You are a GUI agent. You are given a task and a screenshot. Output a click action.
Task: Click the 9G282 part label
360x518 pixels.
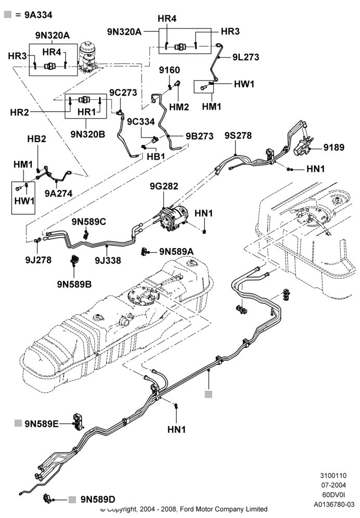[x=164, y=186]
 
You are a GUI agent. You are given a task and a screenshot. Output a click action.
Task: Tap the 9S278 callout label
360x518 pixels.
[x=238, y=136]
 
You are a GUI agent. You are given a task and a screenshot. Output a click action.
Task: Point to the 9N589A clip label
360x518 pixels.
[x=176, y=252]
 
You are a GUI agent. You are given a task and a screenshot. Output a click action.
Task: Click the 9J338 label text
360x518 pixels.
[x=108, y=261]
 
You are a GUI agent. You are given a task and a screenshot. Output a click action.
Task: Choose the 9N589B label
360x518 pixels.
[x=74, y=284]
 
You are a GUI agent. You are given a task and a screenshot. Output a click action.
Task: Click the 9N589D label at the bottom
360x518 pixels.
[x=98, y=499]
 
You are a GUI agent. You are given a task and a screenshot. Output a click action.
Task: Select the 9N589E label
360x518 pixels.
[x=42, y=423]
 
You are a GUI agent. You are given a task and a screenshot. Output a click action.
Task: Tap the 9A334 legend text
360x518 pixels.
[x=38, y=15]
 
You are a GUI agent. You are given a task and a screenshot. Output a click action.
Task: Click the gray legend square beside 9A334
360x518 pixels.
[x=8, y=15]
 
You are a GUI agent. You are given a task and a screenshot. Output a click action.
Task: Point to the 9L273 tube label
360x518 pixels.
[x=246, y=57]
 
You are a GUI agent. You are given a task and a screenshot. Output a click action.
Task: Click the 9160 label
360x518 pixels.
[x=169, y=70]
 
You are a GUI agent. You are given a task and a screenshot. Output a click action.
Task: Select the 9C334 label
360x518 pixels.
[x=141, y=122]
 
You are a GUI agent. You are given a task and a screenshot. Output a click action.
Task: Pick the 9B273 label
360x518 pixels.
[x=200, y=136]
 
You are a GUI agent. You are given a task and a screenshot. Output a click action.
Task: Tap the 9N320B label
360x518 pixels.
[x=87, y=134]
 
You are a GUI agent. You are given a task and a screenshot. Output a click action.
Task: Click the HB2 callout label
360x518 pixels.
[x=36, y=139]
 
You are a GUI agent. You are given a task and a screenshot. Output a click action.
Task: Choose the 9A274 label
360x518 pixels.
[x=58, y=193]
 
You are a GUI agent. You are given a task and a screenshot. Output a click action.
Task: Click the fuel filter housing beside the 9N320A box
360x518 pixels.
[x=88, y=57]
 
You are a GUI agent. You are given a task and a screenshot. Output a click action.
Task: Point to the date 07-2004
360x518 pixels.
[x=333, y=485]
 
